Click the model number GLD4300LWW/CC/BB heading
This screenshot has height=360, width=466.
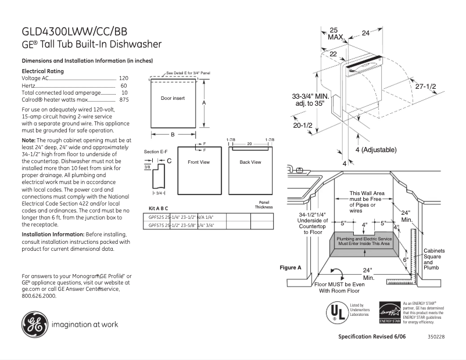(x=74, y=31)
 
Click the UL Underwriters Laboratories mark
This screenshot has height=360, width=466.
(x=335, y=312)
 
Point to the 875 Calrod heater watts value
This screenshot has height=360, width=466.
(x=124, y=100)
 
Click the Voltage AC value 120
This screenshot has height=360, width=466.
(x=123, y=78)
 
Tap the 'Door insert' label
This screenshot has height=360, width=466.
(x=173, y=99)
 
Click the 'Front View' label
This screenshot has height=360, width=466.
(x=198, y=162)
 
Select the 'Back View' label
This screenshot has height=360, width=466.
(x=250, y=162)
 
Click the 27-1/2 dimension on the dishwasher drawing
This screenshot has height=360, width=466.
(x=425, y=86)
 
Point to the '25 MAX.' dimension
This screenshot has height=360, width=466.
(x=334, y=34)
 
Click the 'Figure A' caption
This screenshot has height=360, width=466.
(x=291, y=268)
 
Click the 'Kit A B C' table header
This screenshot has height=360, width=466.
(x=159, y=207)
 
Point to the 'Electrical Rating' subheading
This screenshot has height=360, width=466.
(x=42, y=71)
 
